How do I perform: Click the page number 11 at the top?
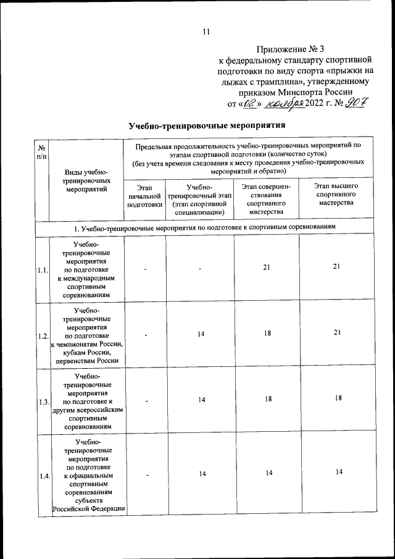point(206,32)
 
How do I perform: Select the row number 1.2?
point(42,336)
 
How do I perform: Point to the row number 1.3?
point(42,401)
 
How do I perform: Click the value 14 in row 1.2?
point(201,334)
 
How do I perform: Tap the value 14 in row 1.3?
point(201,400)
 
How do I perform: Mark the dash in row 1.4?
point(146,474)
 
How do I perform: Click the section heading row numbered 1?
point(204,227)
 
